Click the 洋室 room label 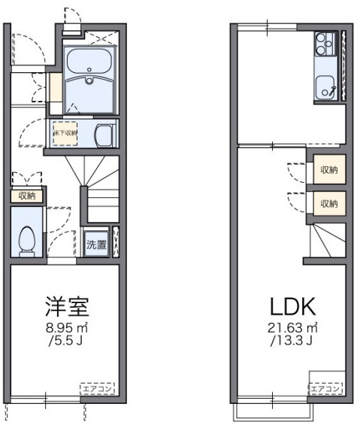(67, 306)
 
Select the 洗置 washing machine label (95, 244)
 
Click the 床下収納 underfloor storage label (65, 133)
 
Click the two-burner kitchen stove (325, 43)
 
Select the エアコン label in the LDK (326, 388)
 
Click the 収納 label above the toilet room (27, 196)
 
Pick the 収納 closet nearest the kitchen (328, 170)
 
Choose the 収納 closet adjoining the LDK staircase (328, 203)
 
